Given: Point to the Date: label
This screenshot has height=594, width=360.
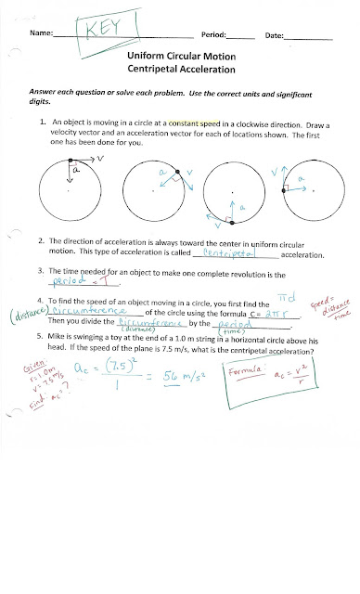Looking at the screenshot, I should (x=275, y=34).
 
